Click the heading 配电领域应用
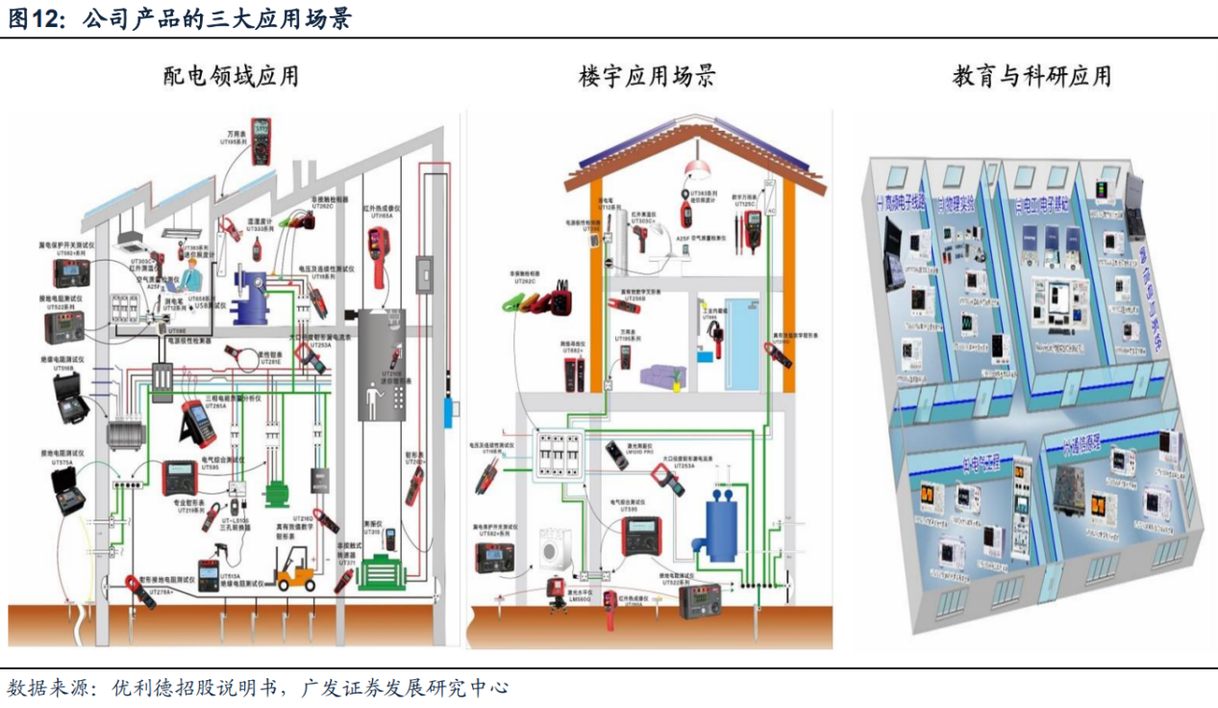pyautogui.click(x=231, y=76)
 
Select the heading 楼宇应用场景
pyautogui.click(x=646, y=76)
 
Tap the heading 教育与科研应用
pyautogui.click(x=1032, y=76)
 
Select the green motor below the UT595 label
pyautogui.click(x=279, y=492)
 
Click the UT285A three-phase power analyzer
pyautogui.click(x=198, y=422)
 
